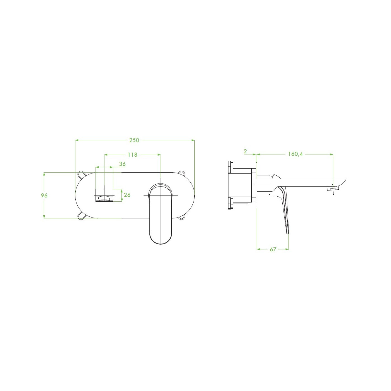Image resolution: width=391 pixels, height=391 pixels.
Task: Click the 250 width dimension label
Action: [134, 140]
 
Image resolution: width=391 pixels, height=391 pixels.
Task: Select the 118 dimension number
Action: [132, 155]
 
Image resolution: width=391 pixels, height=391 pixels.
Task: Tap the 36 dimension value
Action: [122, 164]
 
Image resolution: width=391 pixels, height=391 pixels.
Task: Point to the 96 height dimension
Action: [44, 195]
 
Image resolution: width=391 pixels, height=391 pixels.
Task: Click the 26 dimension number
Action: [127, 195]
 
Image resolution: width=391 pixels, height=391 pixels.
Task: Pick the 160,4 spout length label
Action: [295, 154]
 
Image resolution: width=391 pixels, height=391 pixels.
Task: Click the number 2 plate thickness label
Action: [245, 151]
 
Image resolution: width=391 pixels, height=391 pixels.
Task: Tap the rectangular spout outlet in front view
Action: [104, 195]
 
